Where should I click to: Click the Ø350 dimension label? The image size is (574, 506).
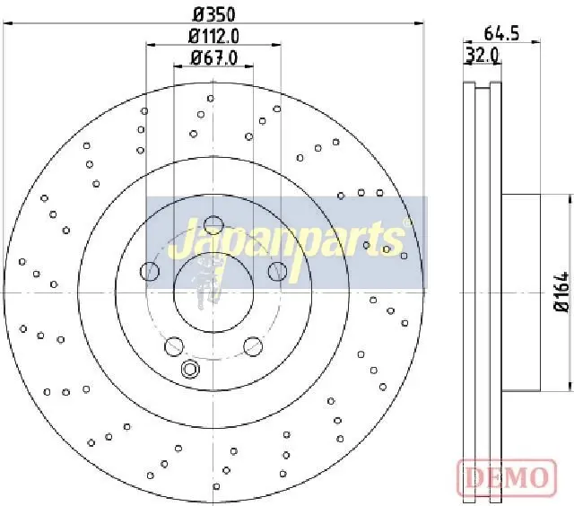coord(213,14)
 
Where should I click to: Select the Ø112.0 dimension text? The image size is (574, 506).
coord(213,36)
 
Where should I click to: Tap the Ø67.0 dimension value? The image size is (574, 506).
coord(214,57)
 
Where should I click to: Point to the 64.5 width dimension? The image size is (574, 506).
coord(501,33)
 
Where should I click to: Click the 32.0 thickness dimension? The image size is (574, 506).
coord(483,56)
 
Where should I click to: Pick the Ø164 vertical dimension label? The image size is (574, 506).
coord(562,292)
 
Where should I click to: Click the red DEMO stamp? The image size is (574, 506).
coord(507,477)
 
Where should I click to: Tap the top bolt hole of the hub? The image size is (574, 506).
coord(213,225)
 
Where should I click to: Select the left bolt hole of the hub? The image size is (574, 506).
coord(150,271)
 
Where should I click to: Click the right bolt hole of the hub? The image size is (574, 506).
coord(278,271)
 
